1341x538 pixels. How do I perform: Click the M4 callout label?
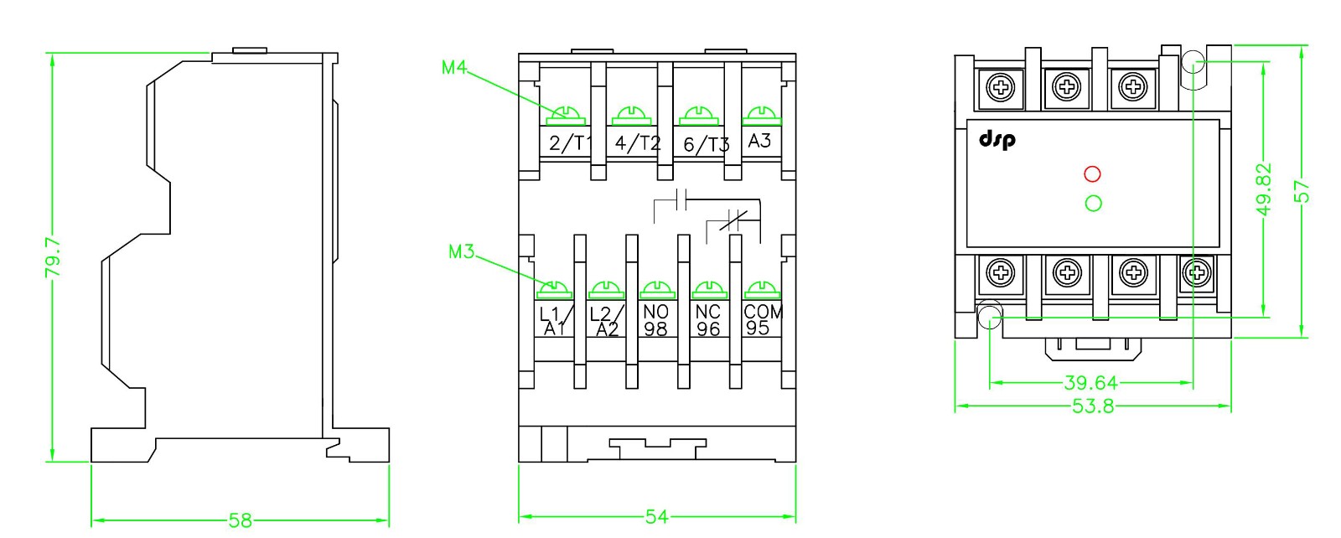[x=453, y=67]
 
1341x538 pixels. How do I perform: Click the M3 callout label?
[x=461, y=251]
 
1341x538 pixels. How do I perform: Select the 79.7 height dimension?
[x=52, y=256]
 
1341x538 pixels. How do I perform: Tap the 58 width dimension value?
[x=240, y=520]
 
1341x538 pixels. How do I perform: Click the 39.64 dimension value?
[x=1090, y=383]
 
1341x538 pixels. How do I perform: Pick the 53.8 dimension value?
[x=1093, y=407]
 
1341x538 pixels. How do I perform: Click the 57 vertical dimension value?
[x=1302, y=192]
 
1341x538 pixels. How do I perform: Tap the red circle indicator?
[x=1092, y=174]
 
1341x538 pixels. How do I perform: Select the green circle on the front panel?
[x=1093, y=203]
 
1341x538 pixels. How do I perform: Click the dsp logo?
[x=997, y=138]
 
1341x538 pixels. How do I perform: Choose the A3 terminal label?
[x=759, y=141]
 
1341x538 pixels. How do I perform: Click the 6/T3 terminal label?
[x=706, y=144]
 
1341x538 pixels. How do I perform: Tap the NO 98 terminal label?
[x=655, y=320]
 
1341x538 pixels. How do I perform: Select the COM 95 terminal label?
[x=762, y=319]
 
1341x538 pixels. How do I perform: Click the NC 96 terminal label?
[x=708, y=320]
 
